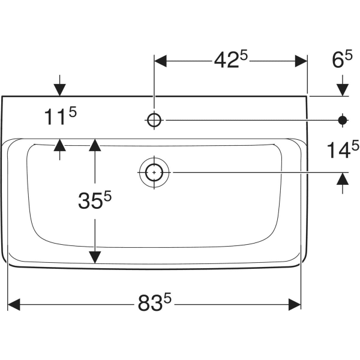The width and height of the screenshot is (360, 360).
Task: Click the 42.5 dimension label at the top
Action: pos(231,59)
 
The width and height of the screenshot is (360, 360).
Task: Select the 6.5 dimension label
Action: pos(342,59)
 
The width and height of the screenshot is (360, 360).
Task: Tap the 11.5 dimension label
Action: pos(60,116)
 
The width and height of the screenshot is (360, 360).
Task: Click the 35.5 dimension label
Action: pos(95,200)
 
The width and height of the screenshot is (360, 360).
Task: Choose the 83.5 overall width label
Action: pos(155,302)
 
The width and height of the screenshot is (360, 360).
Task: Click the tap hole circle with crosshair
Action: pos(154,120)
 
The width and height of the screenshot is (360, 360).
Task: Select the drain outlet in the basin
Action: pos(154,172)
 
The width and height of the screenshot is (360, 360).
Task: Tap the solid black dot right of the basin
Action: pos(343,120)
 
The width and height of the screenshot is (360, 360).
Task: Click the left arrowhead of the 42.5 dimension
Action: pos(160,61)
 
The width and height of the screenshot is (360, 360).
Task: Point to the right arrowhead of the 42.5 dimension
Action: pos(301,61)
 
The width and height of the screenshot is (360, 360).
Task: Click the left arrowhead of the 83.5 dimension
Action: pos(14,305)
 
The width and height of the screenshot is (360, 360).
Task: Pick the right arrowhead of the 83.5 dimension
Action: pos(295,305)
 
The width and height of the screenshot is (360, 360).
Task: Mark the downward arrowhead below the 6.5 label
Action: pos(343,90)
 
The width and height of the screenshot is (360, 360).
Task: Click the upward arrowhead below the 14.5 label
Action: pos(343,179)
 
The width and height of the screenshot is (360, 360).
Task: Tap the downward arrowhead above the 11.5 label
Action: pos(59,90)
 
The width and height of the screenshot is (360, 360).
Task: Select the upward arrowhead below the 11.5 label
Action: pos(59,145)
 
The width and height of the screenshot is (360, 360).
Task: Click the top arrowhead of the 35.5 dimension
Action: pos(95,145)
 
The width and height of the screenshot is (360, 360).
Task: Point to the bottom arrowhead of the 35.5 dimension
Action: pos(95,257)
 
